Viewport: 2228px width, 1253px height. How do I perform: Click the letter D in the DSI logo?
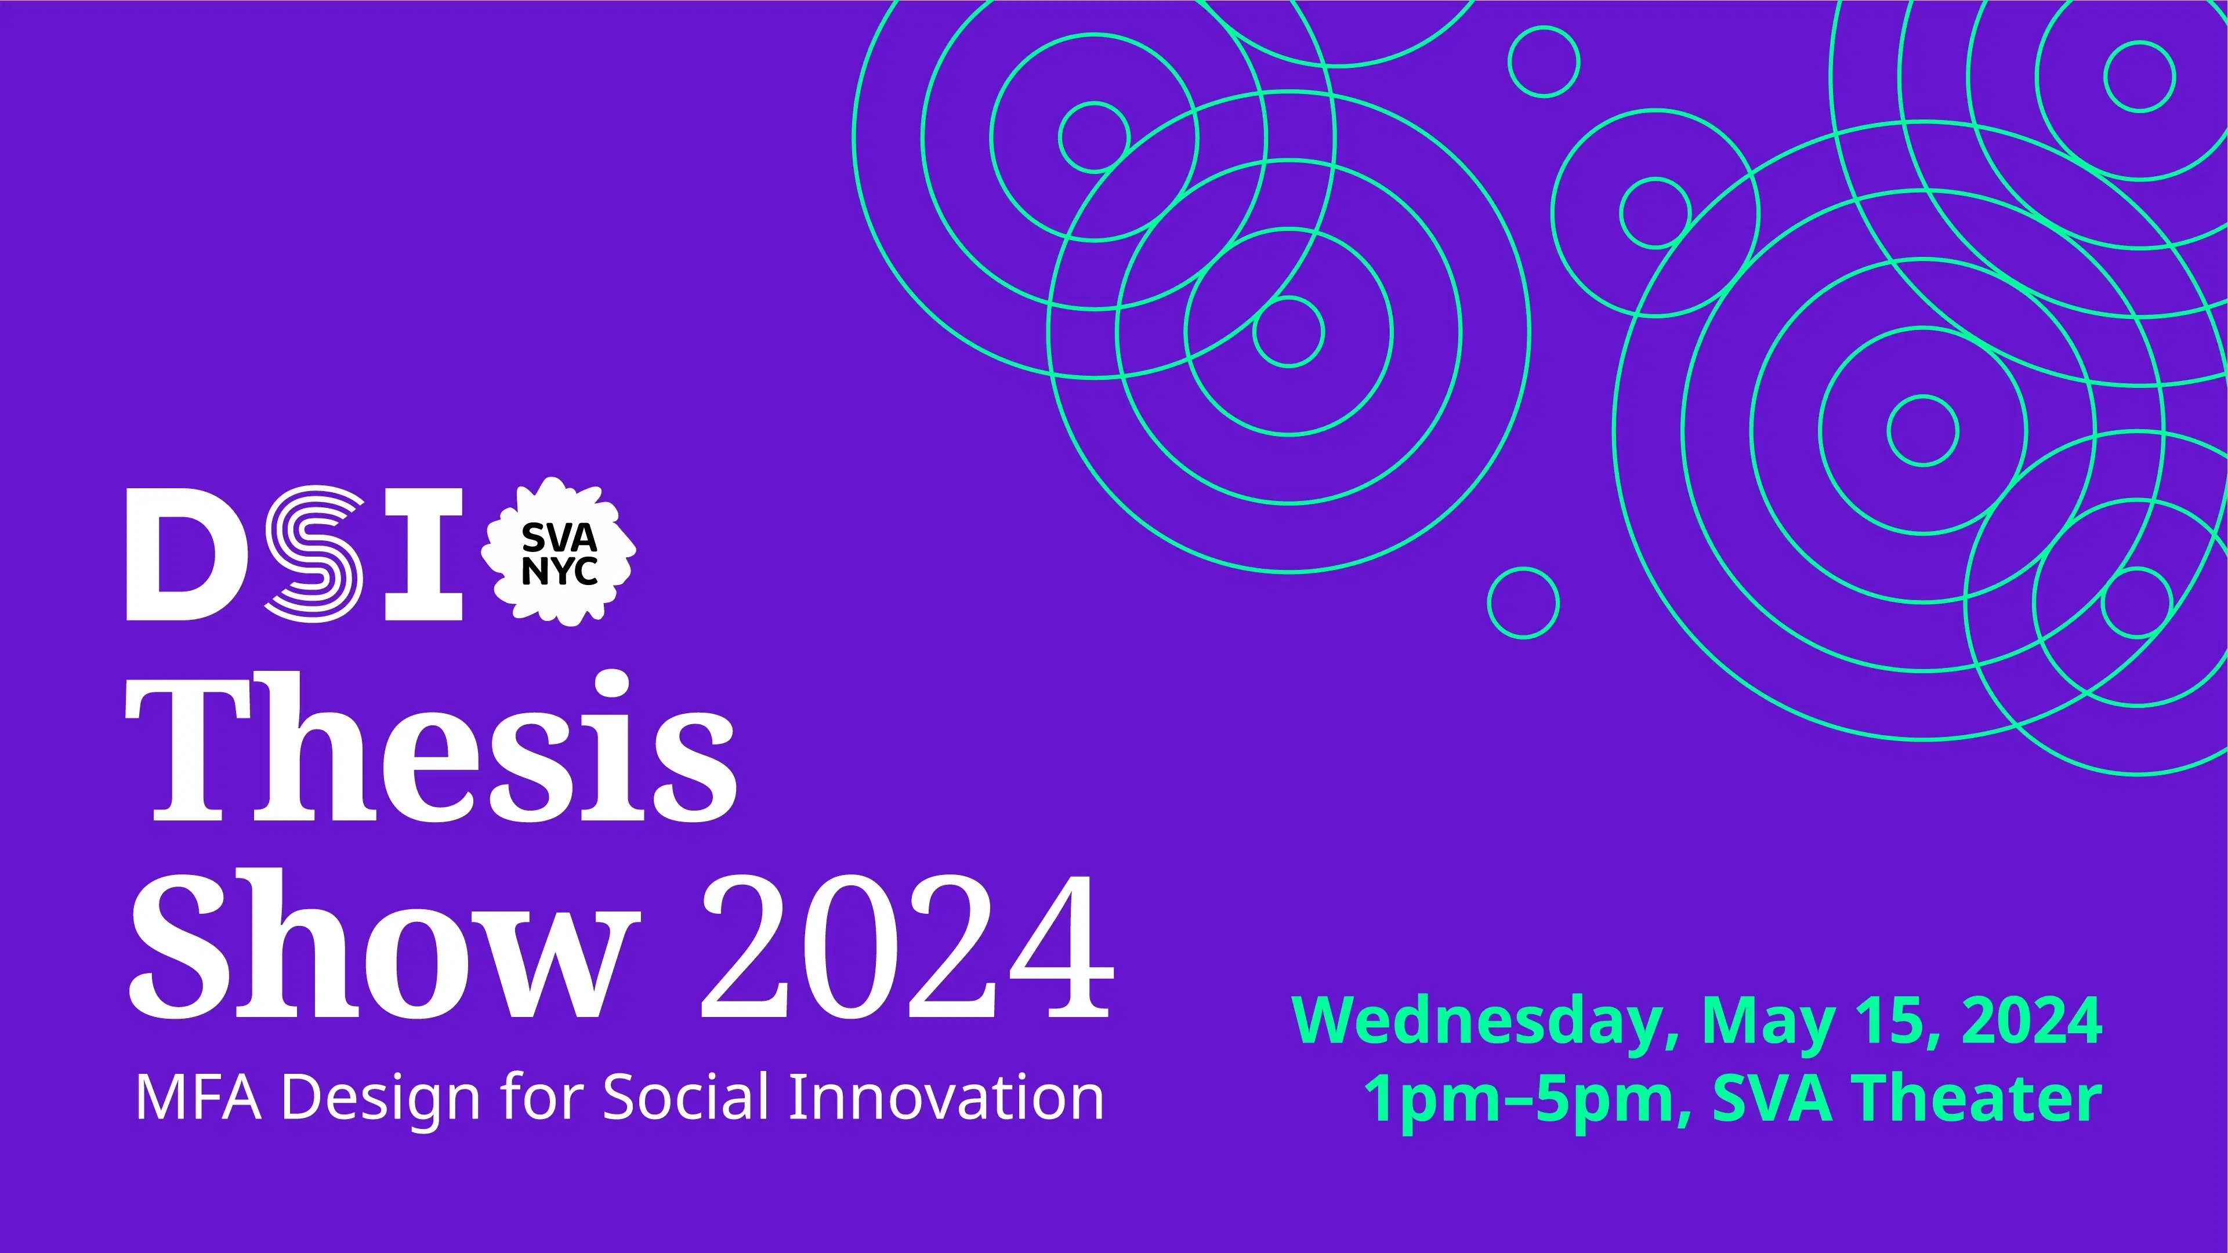(180, 554)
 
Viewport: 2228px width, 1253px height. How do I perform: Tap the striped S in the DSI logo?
(314, 554)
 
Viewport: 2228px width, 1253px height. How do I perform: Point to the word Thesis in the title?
(431, 749)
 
